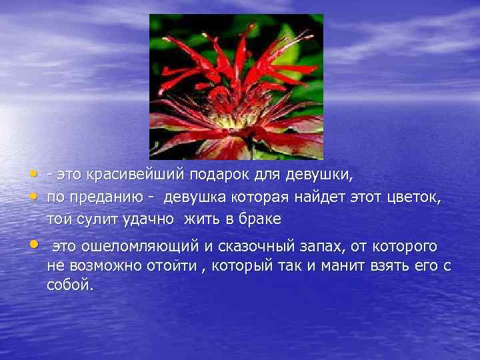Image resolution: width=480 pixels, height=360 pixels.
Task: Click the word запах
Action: [322, 247]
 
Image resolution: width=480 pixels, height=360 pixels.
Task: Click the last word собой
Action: [71, 285]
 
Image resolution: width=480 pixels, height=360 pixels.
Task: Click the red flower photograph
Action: [236, 87]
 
